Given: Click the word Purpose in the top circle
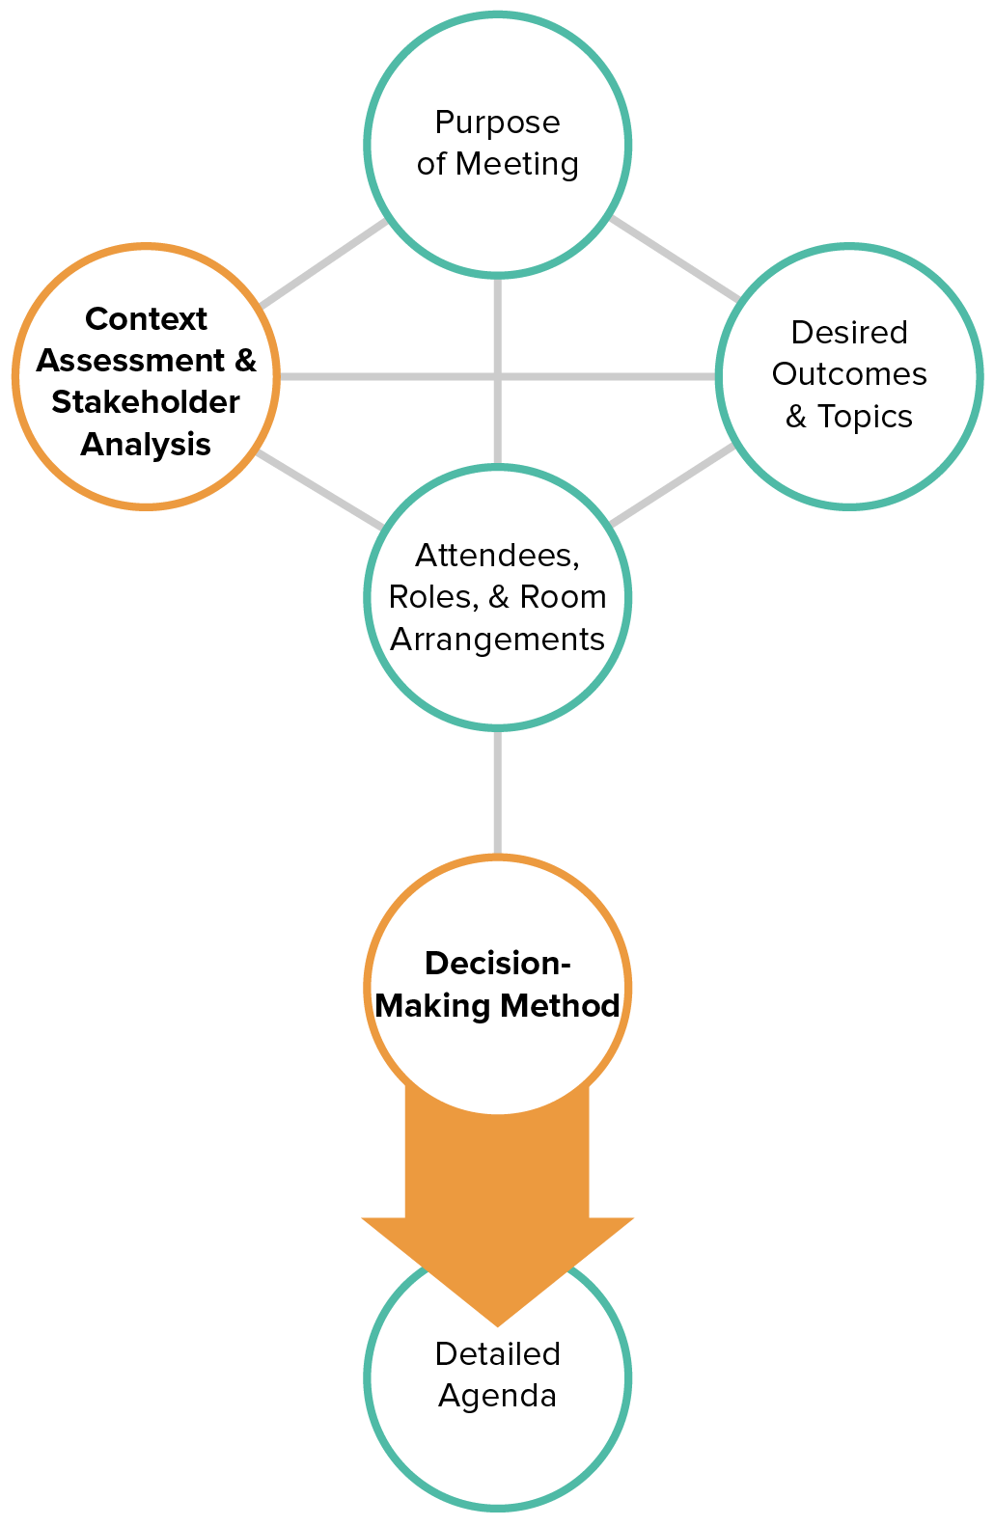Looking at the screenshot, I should tap(497, 123).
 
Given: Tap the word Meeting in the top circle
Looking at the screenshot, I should tap(517, 164).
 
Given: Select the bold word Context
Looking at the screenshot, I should tap(146, 318).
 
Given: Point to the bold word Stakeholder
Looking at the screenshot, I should tap(146, 401).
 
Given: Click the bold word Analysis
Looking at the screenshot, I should tap(146, 444).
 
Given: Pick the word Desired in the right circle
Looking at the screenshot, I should tap(849, 332).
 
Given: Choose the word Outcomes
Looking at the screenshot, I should tap(849, 374).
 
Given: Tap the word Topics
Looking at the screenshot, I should tap(865, 417).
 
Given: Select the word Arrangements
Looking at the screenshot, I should tap(497, 640).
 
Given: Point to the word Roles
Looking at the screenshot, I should tap(432, 597).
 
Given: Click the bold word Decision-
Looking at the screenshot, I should tap(497, 964).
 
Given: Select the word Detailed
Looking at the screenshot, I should tap(497, 1354).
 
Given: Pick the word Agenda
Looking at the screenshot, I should tap(497, 1397).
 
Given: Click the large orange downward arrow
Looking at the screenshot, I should tap(497, 1206).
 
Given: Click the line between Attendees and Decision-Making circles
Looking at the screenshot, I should tap(497, 791).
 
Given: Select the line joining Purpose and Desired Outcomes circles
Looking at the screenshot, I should tap(676, 258).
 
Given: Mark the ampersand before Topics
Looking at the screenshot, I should tap(796, 417).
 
